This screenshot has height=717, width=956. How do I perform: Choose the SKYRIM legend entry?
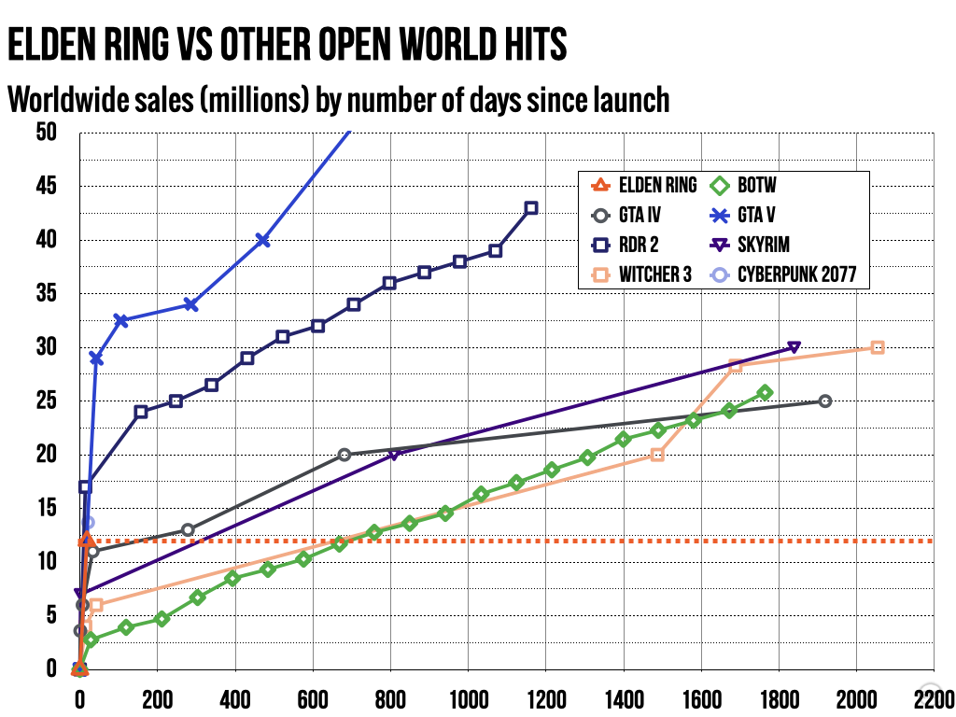[x=764, y=245]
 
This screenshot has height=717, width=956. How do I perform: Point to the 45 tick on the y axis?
[x=45, y=187]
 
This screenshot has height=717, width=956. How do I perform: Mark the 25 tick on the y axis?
[x=45, y=401]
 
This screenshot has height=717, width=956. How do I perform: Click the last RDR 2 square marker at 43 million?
[x=531, y=208]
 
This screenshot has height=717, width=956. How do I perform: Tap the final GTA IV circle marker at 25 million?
[x=824, y=401]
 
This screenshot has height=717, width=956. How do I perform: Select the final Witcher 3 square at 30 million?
[x=878, y=347]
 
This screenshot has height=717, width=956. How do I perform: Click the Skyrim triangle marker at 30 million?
[x=794, y=347]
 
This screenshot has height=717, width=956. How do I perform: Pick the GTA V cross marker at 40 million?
[x=263, y=240]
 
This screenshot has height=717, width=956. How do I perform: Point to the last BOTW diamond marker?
[x=766, y=393]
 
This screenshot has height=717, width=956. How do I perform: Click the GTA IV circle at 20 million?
[x=344, y=455]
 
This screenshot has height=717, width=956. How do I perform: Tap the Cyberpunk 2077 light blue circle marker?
[x=88, y=523]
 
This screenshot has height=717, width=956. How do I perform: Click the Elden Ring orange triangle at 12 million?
[x=86, y=540]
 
